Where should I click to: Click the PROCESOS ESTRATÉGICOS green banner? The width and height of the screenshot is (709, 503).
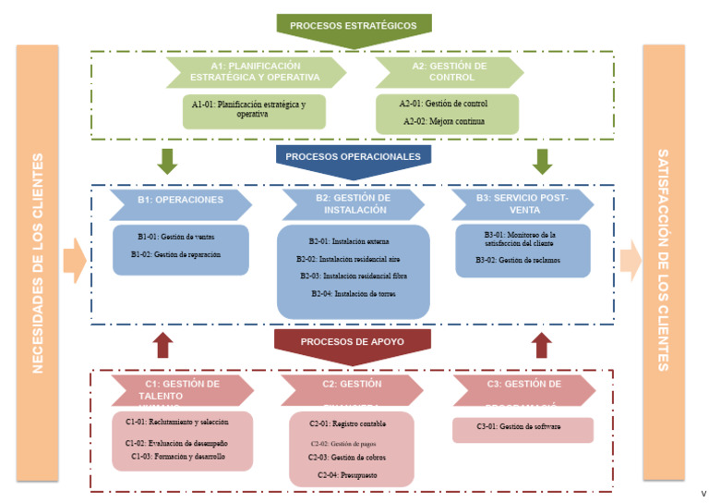(354, 26)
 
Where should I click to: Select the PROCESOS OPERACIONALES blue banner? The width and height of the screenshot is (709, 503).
(354, 157)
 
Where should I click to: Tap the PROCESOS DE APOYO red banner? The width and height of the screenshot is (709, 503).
(353, 341)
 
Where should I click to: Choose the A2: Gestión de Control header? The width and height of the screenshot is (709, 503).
(449, 72)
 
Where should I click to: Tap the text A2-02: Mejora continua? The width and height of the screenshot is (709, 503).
(445, 121)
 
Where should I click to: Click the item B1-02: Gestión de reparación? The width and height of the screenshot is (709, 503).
(175, 254)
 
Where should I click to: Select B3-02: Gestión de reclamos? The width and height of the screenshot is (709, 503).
(518, 261)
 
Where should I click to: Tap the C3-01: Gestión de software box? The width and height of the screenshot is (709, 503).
(523, 427)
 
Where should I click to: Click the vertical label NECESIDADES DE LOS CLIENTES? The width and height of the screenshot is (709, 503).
(38, 264)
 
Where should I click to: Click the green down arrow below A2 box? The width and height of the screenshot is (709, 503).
(542, 161)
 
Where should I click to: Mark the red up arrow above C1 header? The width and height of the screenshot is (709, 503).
(163, 346)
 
